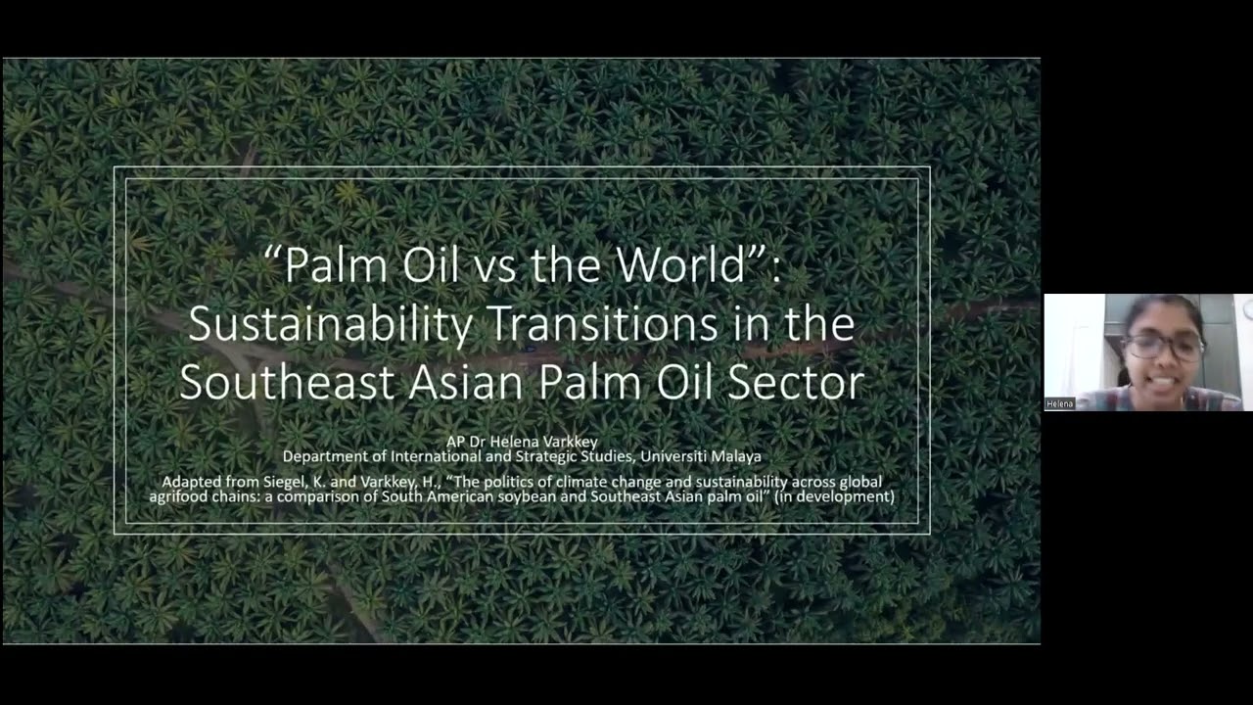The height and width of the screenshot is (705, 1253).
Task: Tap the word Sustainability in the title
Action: (x=330, y=324)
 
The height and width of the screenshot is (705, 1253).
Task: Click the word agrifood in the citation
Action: (x=179, y=496)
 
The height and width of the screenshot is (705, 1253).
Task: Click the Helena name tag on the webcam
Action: (x=1059, y=403)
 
